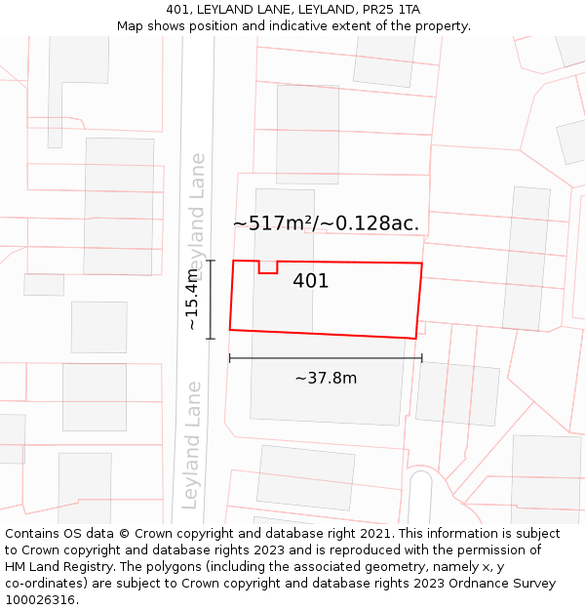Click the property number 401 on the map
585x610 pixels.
pyautogui.click(x=310, y=281)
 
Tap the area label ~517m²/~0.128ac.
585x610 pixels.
pyautogui.click(x=326, y=223)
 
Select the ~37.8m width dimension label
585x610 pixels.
pyautogui.click(x=326, y=378)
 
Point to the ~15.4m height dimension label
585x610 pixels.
pyautogui.click(x=193, y=299)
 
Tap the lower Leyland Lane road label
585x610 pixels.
pyautogui.click(x=191, y=444)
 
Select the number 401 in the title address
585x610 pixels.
pyautogui.click(x=177, y=10)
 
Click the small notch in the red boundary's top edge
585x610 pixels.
pyautogui.click(x=267, y=267)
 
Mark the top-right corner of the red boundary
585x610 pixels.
pyautogui.click(x=421, y=264)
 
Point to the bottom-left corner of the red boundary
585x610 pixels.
pyautogui.click(x=230, y=330)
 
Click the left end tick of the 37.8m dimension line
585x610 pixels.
pyautogui.click(x=230, y=358)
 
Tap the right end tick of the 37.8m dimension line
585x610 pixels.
pyautogui.click(x=421, y=358)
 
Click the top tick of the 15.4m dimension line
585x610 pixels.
pyautogui.click(x=211, y=261)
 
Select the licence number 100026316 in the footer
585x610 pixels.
pyautogui.click(x=40, y=600)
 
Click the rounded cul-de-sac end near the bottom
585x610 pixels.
pyautogui.click(x=420, y=483)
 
